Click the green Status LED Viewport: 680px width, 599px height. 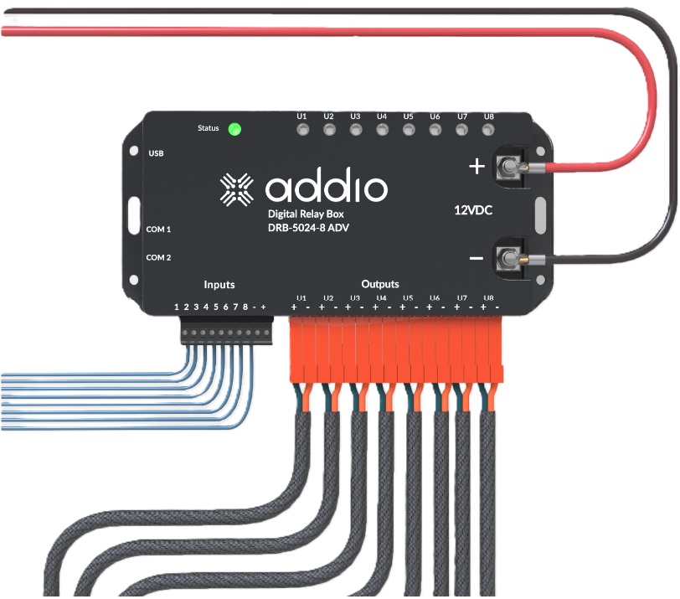tap(235, 129)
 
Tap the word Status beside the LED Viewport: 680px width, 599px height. tap(208, 128)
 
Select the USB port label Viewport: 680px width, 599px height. tap(156, 153)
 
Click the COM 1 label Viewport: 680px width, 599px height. tap(158, 229)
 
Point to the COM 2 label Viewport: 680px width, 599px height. tap(158, 257)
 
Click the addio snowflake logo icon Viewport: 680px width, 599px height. tap(237, 189)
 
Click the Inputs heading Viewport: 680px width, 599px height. tap(219, 285)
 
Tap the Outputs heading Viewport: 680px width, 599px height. tap(380, 284)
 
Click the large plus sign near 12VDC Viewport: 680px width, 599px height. tap(477, 167)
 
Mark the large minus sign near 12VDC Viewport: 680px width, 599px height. tap(476, 258)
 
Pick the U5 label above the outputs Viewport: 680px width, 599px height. tap(408, 298)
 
